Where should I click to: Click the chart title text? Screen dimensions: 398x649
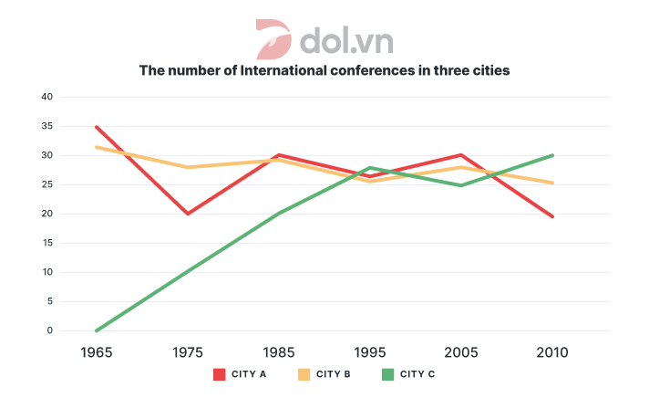tap(324, 70)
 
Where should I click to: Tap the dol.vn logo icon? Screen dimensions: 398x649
tap(273, 38)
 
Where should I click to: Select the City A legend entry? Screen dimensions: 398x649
tap(239, 374)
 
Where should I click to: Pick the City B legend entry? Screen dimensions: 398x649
tap(324, 374)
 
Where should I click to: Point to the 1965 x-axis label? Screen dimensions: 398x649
tap(96, 352)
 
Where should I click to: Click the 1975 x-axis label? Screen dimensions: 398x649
tap(187, 352)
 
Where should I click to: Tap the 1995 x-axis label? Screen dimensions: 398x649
tap(369, 352)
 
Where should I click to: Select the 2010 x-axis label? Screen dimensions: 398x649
tap(551, 352)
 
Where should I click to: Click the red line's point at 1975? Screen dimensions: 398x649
tap(187, 214)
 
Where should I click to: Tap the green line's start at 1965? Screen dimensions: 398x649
tap(96, 330)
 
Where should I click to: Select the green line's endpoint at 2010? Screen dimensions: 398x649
tap(552, 155)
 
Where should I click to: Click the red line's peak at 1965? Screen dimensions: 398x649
tap(96, 127)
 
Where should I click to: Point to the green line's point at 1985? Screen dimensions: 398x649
tap(278, 214)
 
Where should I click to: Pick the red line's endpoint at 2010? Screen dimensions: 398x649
tap(552, 216)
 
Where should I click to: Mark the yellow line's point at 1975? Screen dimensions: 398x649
tap(187, 167)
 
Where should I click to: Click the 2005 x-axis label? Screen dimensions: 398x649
tap(460, 352)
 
